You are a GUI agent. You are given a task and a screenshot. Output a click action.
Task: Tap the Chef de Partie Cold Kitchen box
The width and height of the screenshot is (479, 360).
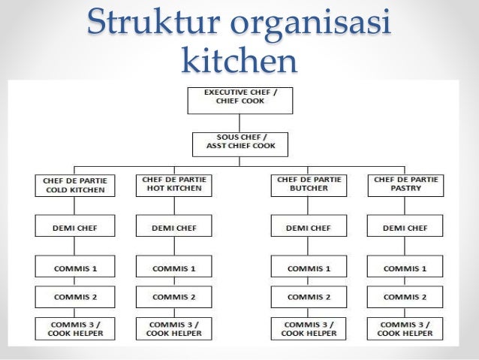tap(74, 185)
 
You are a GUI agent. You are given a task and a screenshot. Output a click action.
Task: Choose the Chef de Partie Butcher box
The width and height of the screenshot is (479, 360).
tap(309, 185)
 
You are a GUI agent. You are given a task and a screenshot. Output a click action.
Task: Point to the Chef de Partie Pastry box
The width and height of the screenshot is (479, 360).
tap(405, 185)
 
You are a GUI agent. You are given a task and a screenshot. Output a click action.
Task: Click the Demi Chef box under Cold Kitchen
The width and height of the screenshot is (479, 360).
tap(74, 227)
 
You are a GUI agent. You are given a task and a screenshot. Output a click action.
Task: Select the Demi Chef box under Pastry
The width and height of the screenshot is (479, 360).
tap(405, 227)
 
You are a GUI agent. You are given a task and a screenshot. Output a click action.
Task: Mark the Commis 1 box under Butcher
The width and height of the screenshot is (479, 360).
tap(309, 268)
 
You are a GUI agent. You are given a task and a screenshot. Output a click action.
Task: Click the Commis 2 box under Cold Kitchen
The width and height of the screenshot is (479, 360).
tap(74, 297)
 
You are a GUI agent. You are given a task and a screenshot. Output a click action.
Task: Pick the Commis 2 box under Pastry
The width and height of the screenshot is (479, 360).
tap(405, 297)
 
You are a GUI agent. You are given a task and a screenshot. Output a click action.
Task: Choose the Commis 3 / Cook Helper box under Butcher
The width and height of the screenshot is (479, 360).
tap(309, 328)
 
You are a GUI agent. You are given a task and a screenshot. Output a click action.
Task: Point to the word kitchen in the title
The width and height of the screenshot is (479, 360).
tap(239, 62)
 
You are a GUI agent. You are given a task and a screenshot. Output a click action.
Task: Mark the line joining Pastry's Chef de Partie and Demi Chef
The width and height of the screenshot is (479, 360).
tap(405, 206)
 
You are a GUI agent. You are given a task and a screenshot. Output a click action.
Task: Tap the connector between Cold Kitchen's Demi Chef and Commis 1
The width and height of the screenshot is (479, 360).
tap(74, 247)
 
